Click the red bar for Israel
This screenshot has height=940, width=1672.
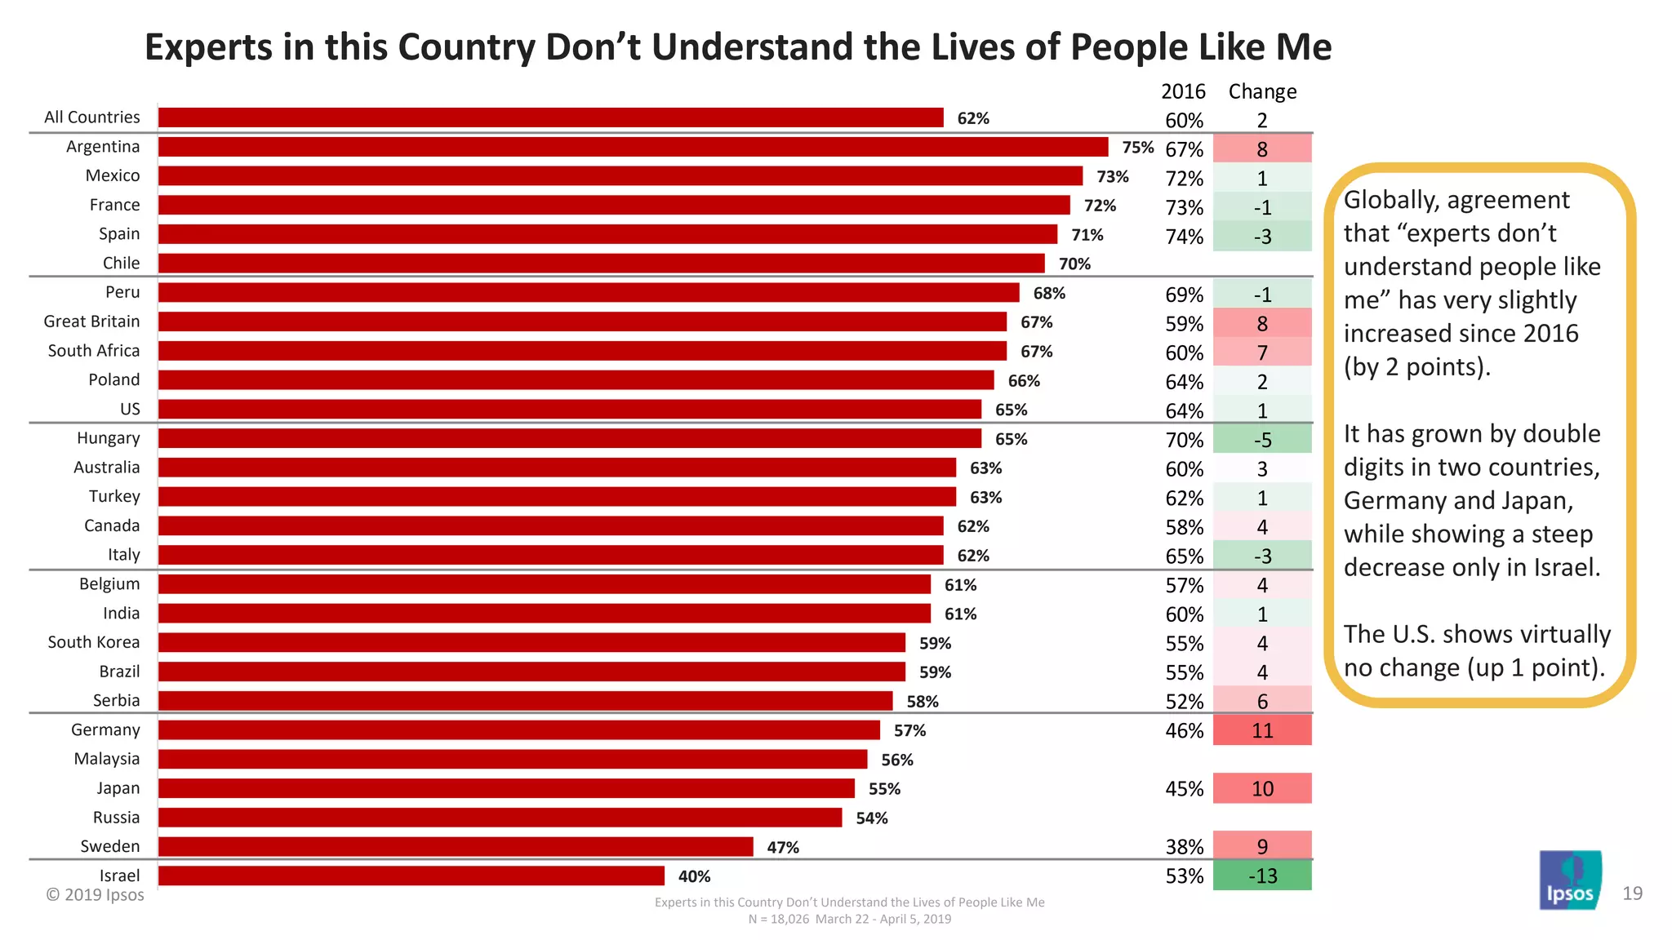point(411,876)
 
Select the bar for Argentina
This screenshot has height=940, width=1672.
point(633,147)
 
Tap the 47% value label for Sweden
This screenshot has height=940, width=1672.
point(782,847)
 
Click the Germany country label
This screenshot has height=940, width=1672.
point(105,729)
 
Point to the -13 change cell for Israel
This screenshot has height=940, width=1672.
point(1262,876)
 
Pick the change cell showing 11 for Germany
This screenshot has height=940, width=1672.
point(1262,730)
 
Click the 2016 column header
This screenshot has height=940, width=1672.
point(1183,91)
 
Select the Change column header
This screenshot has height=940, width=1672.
point(1262,91)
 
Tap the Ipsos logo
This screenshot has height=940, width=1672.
point(1570,881)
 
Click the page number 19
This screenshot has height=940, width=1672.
point(1632,893)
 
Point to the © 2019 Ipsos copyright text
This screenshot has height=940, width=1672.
point(95,895)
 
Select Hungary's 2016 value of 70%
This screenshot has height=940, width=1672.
point(1184,440)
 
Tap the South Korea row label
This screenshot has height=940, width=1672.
point(93,642)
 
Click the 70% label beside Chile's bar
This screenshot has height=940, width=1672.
point(1074,264)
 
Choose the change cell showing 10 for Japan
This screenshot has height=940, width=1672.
point(1262,788)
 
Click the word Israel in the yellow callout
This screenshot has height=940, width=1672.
point(1565,567)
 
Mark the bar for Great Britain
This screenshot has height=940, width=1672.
point(582,321)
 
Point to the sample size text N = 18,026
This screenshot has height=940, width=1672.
point(778,919)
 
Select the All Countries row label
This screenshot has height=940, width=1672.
point(91,117)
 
